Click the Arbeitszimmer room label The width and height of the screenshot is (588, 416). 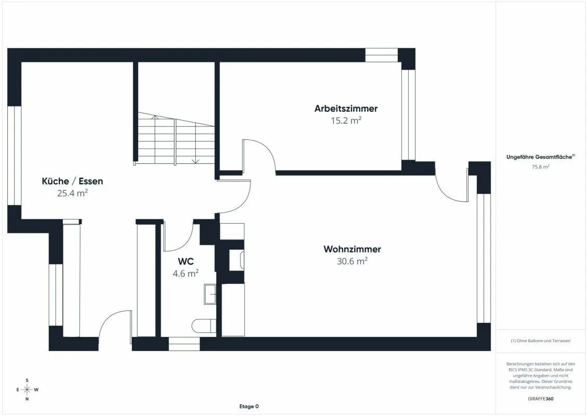coord(346,109)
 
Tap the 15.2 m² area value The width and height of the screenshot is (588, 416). coord(346,121)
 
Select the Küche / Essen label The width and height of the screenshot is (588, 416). coord(72,181)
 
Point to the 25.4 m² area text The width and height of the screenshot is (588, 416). coord(72,193)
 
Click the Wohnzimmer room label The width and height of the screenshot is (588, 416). coord(352,249)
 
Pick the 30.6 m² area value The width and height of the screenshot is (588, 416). coord(352,262)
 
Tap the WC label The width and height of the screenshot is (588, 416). coord(185,262)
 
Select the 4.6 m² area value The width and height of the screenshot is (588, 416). coord(185,274)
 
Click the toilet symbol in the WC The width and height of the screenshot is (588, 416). coord(204,326)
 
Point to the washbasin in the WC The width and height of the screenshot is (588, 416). coord(210,294)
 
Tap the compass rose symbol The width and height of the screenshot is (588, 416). coord(27,389)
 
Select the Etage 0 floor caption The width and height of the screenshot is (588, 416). coord(249,406)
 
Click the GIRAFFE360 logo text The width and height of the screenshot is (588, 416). coord(540,399)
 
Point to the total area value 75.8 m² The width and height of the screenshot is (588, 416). coord(540,167)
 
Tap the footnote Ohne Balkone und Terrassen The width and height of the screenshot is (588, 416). coord(540,341)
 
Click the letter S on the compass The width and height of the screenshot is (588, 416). coord(27,380)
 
